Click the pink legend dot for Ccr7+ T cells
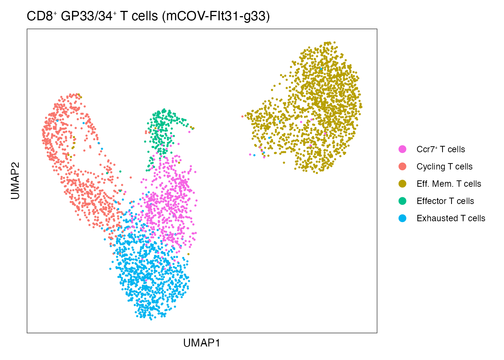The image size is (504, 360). point(402,149)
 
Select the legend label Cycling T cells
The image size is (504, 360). point(444,166)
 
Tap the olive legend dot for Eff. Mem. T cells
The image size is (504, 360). point(402,184)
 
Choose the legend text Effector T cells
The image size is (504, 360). point(445,201)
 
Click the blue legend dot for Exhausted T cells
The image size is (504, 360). point(402,218)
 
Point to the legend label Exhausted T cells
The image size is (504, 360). point(451,218)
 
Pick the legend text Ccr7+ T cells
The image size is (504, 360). point(441,149)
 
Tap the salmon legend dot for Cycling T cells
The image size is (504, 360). point(402,166)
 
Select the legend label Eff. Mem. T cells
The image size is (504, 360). point(448,184)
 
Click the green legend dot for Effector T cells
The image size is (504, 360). point(402,201)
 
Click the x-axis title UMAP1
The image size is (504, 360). point(201,343)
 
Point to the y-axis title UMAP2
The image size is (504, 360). point(15,180)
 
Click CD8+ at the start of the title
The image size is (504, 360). point(42,16)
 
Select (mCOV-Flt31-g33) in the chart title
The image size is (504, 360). point(216,16)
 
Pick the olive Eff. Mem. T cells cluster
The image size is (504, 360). point(319,109)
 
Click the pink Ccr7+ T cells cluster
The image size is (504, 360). point(171,202)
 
